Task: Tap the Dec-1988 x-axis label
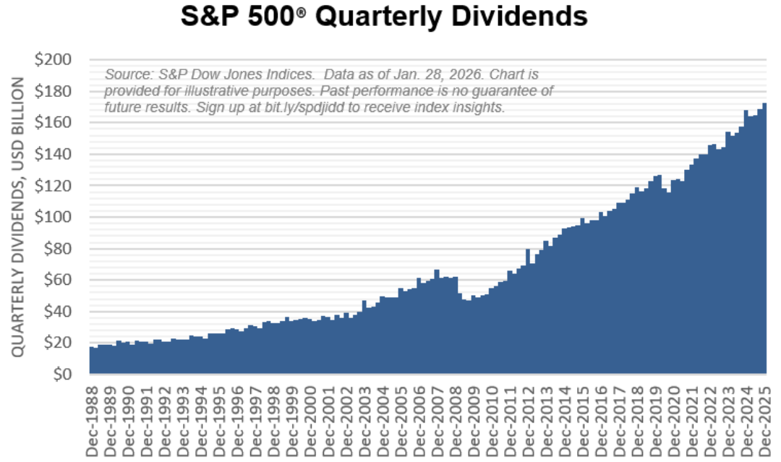point(93,420)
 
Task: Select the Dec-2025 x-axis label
point(764,420)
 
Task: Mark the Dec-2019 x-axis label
point(655,420)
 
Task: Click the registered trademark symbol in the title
point(308,14)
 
